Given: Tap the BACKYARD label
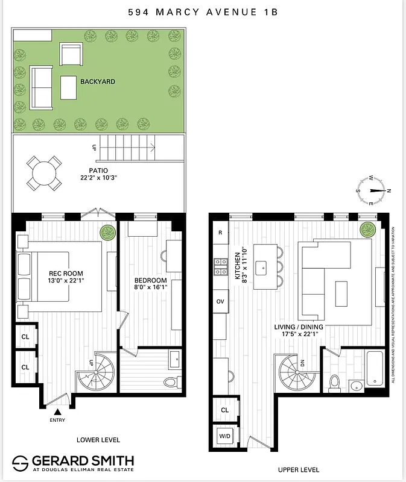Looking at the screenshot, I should pyautogui.click(x=97, y=81).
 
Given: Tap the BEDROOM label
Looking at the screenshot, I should pyautogui.click(x=150, y=280).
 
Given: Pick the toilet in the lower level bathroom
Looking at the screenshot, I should pyautogui.click(x=170, y=382).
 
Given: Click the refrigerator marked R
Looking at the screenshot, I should pyautogui.click(x=220, y=233).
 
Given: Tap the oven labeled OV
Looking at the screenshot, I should pyautogui.click(x=220, y=301).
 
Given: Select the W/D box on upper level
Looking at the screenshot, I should pyautogui.click(x=224, y=436).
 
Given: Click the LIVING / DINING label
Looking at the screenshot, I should pyautogui.click(x=299, y=327).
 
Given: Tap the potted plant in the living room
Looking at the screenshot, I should pyautogui.click(x=367, y=230).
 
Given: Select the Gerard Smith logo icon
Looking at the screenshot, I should pyautogui.click(x=21, y=463).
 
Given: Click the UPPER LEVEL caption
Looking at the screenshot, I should pyautogui.click(x=299, y=470).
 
